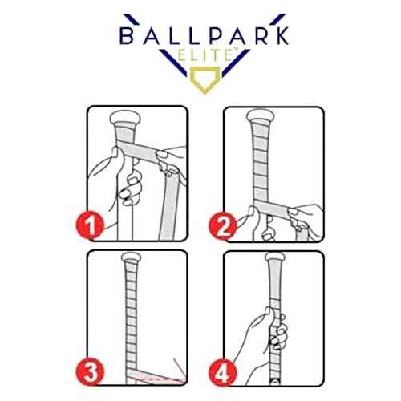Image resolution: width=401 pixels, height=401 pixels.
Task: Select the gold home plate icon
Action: click(200, 82)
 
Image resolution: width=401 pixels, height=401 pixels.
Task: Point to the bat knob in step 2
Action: click(267, 119)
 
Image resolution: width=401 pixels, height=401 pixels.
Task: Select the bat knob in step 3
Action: click(131, 261)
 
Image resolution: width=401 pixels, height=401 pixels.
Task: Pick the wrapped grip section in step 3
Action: click(131, 321)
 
